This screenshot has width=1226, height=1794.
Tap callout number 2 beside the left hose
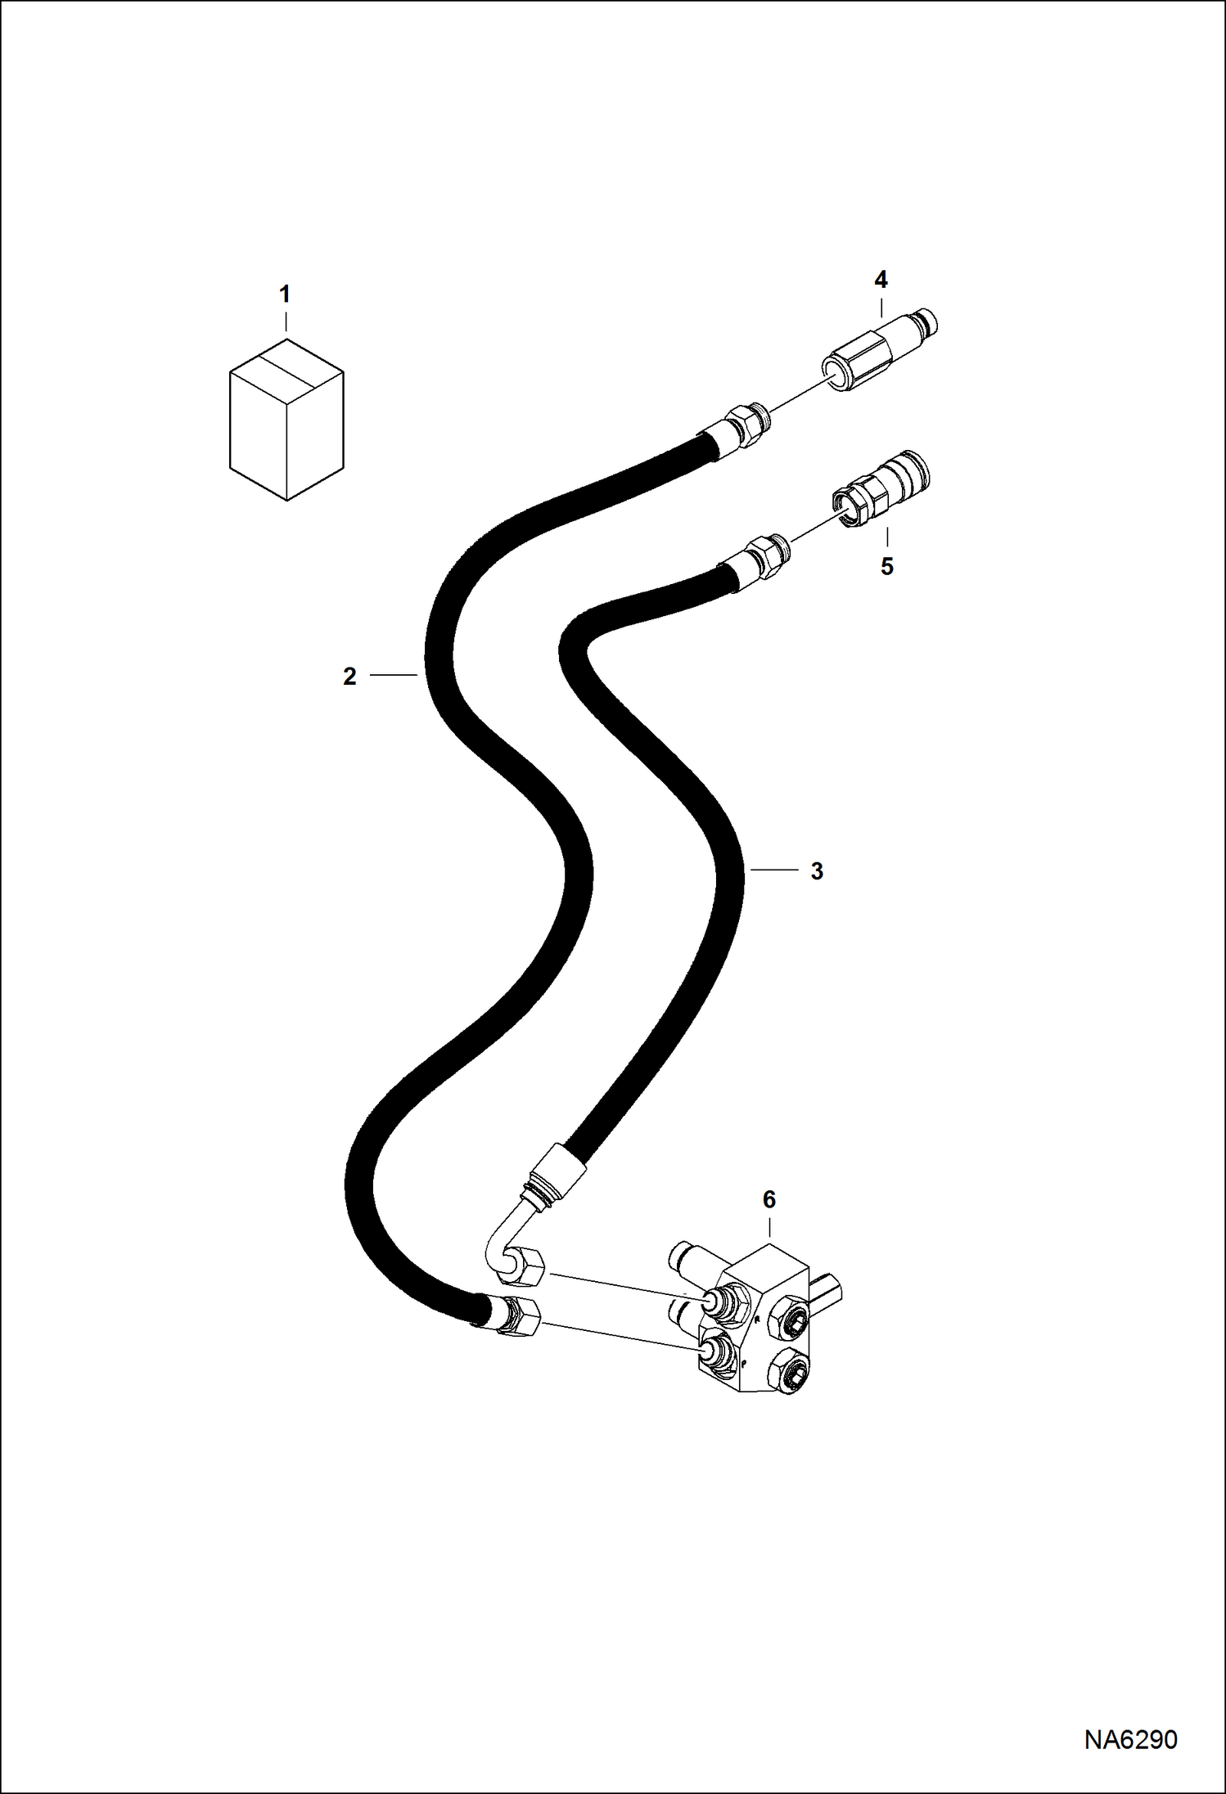tap(349, 677)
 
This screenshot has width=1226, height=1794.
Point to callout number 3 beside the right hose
tap(816, 871)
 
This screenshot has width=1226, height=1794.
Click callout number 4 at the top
tap(881, 280)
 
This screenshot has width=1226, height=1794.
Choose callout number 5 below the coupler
tap(887, 566)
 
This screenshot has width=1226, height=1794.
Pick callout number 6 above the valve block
tap(769, 1200)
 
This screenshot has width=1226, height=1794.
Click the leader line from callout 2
tap(394, 675)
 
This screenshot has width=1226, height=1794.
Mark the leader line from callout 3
tap(772, 870)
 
